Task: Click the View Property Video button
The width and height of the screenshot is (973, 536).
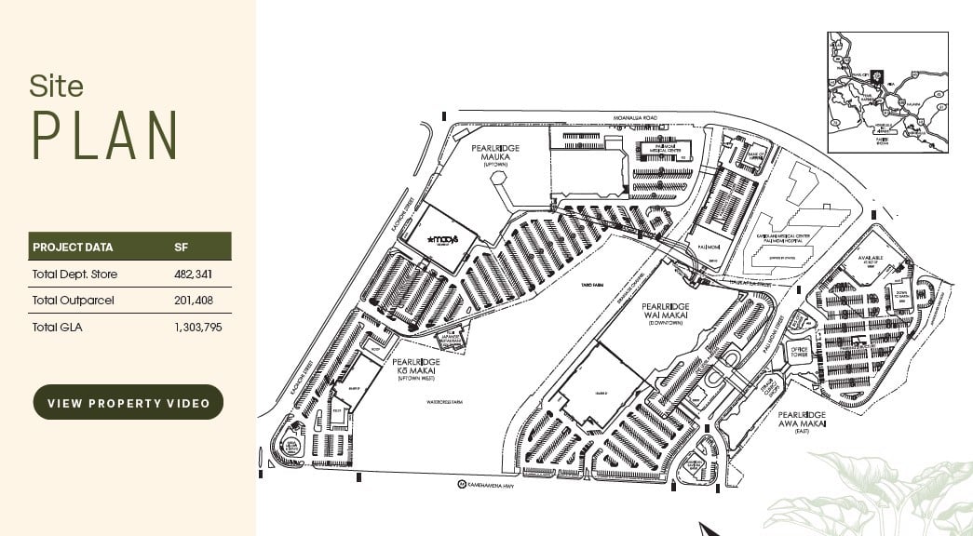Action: pyautogui.click(x=128, y=402)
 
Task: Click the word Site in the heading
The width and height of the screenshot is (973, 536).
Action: pyautogui.click(x=56, y=87)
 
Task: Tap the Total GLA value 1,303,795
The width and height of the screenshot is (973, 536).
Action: pyautogui.click(x=197, y=327)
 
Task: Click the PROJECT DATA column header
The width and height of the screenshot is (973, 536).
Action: pyautogui.click(x=73, y=248)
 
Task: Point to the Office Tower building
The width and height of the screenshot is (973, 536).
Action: pyautogui.click(x=799, y=352)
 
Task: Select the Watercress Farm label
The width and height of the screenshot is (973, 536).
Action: pyautogui.click(x=444, y=403)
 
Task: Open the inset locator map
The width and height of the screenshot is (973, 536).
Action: pyautogui.click(x=886, y=92)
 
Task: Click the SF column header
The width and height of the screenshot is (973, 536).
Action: pyautogui.click(x=182, y=248)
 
